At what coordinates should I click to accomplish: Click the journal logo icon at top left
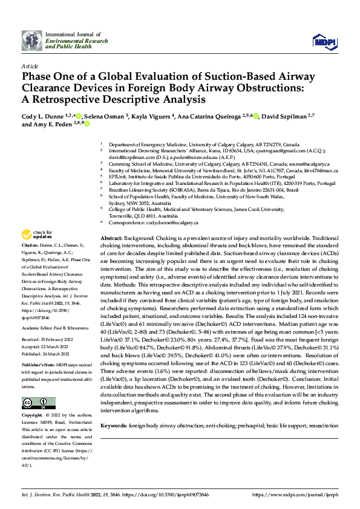coord(32,41)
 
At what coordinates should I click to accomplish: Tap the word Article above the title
coord(30,66)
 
